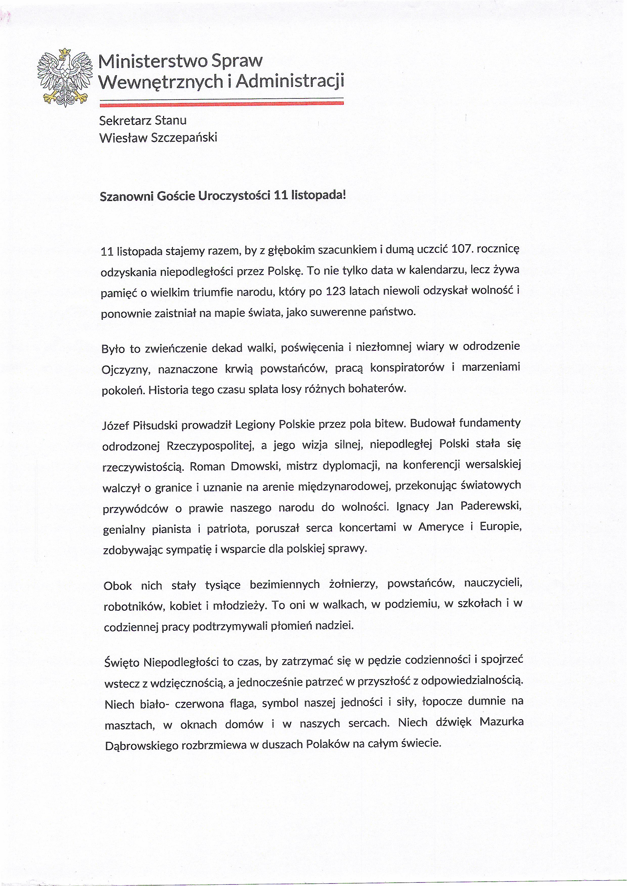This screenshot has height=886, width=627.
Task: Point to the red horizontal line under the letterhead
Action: [221, 103]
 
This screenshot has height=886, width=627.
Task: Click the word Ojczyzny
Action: [122, 370]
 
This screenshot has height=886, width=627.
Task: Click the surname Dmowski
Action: [255, 467]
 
